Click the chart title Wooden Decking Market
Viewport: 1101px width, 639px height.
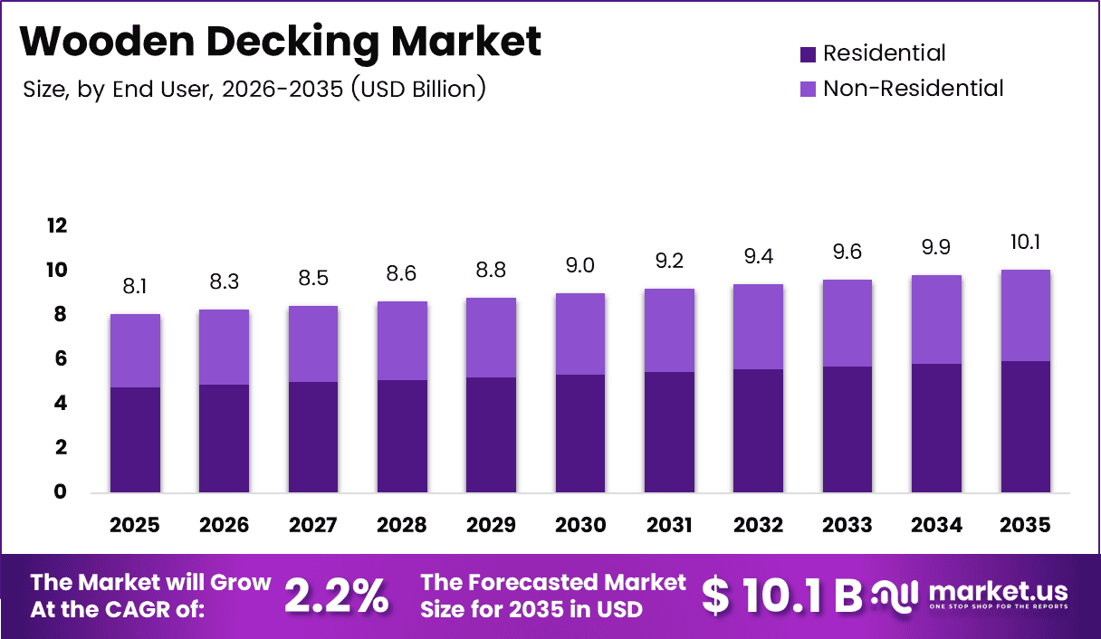point(281,42)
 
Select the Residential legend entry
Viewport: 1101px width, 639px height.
point(873,53)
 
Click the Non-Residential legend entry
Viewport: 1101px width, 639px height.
point(902,88)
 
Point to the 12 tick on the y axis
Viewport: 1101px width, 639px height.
point(56,225)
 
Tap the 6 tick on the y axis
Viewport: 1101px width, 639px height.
point(62,358)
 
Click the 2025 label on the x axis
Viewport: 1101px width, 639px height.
point(135,525)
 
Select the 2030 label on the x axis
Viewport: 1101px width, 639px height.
point(580,525)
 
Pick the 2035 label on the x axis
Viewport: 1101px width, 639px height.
point(1026,525)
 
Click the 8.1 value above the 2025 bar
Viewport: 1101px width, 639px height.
point(135,287)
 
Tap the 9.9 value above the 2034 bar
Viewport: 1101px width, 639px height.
point(937,247)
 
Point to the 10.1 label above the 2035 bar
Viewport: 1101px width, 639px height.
point(1026,243)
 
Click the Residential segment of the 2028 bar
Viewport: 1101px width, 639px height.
point(402,436)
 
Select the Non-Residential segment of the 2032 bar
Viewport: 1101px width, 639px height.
point(759,327)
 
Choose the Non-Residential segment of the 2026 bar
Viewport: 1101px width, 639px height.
point(224,347)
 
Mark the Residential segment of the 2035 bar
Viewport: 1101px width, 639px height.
point(1026,426)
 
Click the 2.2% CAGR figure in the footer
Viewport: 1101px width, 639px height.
point(337,595)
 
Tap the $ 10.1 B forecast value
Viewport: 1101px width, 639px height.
point(781,595)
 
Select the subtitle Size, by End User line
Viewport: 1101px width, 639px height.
point(253,89)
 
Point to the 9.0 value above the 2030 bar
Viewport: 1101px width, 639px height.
point(580,265)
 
